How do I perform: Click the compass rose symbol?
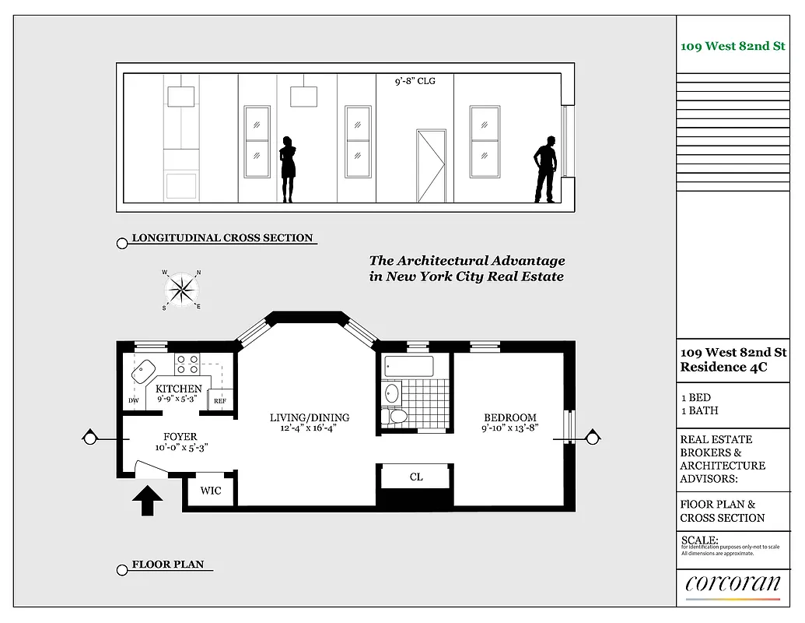point(182,290)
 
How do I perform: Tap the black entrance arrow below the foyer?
point(147,500)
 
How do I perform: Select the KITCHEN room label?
point(179,389)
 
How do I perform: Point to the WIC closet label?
point(211,491)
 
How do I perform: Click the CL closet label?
point(416,477)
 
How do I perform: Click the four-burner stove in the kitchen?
point(187,364)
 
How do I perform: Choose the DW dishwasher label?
point(133,402)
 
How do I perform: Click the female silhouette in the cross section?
point(288,169)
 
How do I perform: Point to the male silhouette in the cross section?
point(547,169)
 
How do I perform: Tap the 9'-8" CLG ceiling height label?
point(415,80)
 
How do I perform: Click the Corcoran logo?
point(733,584)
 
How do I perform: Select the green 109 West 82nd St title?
point(733,46)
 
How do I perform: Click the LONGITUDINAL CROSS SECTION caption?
point(222,238)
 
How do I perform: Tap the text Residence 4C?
point(723,368)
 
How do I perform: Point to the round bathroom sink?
point(391,392)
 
